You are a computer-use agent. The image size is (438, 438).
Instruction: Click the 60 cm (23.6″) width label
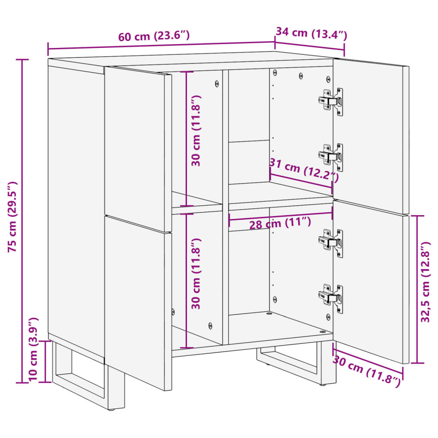154,36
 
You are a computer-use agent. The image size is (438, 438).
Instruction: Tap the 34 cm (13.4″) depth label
311,33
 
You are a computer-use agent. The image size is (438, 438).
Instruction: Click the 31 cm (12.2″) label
304,170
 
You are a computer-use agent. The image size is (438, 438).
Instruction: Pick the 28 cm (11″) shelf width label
280,223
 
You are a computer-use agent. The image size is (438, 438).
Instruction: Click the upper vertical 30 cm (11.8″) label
196,130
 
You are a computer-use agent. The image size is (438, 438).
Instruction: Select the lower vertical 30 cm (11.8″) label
196,273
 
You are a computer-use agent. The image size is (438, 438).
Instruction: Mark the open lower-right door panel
370,278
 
